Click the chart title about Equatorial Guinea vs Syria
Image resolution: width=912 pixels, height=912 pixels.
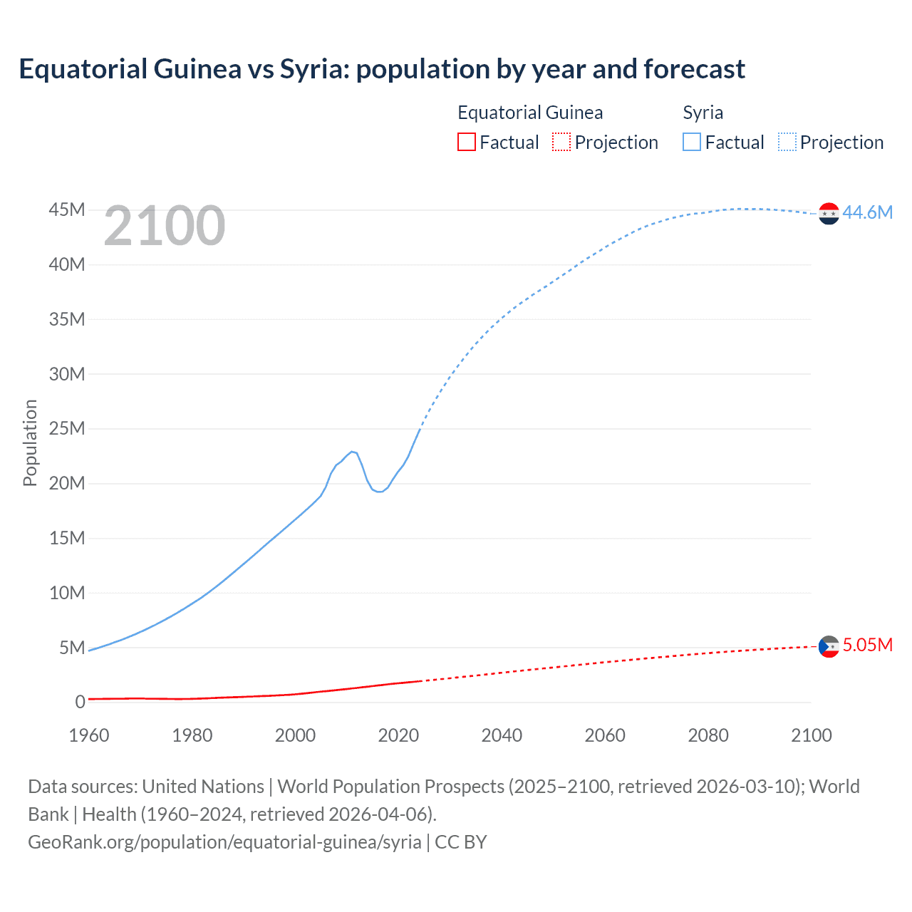[x=382, y=69]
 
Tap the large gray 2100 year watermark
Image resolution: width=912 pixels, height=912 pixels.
[x=165, y=226]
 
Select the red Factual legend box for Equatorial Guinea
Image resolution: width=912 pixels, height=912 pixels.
[x=466, y=142]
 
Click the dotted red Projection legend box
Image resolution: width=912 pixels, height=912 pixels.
[x=561, y=142]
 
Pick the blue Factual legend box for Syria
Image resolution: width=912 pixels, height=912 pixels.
[x=691, y=142]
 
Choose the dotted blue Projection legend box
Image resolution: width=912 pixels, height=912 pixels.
[x=787, y=142]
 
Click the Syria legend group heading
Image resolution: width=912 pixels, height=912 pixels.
[x=703, y=113]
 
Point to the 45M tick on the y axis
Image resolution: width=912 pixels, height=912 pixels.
[x=67, y=210]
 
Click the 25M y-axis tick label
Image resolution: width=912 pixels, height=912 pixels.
[x=67, y=428]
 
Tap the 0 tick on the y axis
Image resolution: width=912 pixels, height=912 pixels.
[x=80, y=702]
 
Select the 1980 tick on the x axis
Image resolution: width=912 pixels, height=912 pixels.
[x=192, y=735]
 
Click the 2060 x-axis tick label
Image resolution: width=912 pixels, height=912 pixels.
[x=605, y=735]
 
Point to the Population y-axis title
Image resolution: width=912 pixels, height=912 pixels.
[x=30, y=442]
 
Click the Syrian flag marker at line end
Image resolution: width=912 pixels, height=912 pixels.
[x=829, y=213]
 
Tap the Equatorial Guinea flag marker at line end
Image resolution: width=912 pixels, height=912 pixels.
[x=829, y=646]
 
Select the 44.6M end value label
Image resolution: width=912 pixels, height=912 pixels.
[x=867, y=212]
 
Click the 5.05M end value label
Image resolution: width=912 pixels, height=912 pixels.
[x=867, y=645]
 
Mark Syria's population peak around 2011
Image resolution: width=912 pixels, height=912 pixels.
[x=352, y=451]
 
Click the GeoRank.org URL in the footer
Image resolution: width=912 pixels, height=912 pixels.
[x=224, y=841]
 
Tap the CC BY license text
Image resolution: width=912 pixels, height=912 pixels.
[x=461, y=841]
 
